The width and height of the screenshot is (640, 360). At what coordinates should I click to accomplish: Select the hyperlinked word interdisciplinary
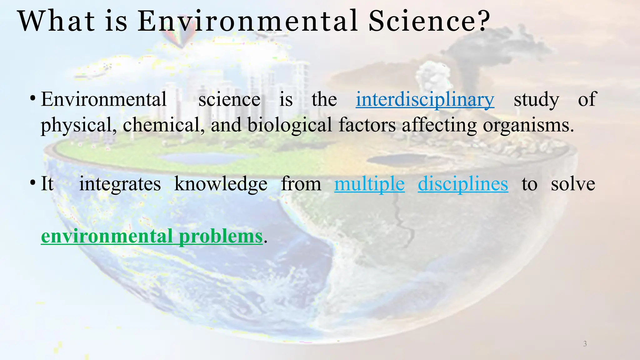[x=425, y=100]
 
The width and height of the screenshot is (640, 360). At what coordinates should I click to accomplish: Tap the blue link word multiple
[x=369, y=184]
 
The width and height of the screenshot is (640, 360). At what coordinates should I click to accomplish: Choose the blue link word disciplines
[x=463, y=184]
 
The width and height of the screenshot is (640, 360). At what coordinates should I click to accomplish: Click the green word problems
[x=221, y=236]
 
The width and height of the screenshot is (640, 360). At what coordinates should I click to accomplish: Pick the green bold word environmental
[x=107, y=236]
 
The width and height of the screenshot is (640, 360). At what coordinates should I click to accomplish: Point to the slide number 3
[x=585, y=344]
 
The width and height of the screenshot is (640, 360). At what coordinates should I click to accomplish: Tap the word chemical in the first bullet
[x=163, y=125]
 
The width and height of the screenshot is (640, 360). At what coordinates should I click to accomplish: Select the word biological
[x=290, y=125]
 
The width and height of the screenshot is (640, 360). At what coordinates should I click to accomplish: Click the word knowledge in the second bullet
[x=221, y=184]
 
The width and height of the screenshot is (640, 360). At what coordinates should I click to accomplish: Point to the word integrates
[x=120, y=184]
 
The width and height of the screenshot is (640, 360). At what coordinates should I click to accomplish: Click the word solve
[x=573, y=184]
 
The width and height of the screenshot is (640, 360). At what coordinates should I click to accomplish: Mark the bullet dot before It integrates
[x=32, y=182]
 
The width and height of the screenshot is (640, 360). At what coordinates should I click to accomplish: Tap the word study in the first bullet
[x=536, y=100]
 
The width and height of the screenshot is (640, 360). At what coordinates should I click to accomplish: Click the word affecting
[x=439, y=125]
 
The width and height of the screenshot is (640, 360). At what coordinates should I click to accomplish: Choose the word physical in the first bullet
[x=79, y=125]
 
